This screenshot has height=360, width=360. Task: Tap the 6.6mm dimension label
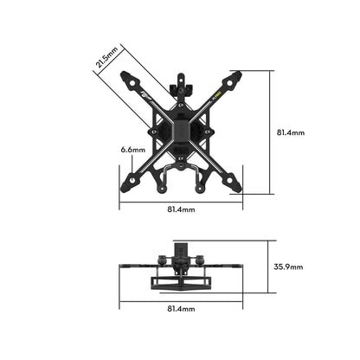point(133,149)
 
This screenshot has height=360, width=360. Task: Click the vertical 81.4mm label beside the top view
point(290,132)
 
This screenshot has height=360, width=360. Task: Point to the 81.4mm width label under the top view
point(181,209)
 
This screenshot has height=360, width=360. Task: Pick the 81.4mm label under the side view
point(181,309)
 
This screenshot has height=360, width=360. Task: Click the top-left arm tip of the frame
point(126,76)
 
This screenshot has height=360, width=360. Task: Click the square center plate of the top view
point(182,132)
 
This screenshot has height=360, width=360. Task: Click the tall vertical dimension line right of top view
point(271,132)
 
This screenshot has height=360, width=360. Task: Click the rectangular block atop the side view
point(182,251)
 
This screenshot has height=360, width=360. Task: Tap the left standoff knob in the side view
point(162,259)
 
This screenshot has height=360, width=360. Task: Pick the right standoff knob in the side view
point(201,259)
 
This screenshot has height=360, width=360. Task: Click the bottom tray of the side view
point(181,282)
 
